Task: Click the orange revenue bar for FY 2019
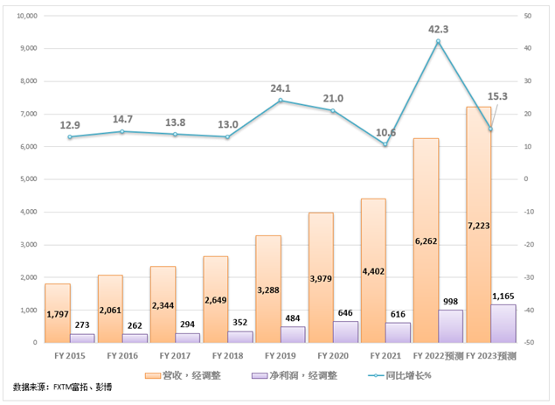click(268, 289)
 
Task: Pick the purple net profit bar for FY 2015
click(82, 338)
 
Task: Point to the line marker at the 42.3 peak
click(439, 41)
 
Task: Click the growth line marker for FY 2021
click(385, 144)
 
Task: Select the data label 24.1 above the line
click(281, 87)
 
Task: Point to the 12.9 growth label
click(71, 125)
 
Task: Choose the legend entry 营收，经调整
click(189, 374)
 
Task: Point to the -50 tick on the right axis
click(531, 343)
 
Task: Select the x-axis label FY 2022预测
click(435, 356)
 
